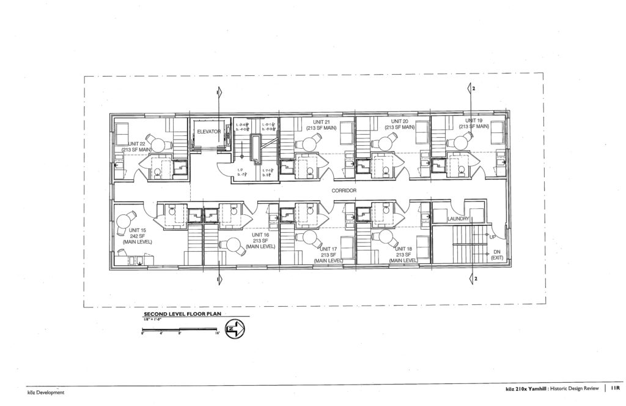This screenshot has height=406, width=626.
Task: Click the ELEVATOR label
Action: [208, 132]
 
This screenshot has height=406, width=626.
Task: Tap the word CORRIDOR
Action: [344, 191]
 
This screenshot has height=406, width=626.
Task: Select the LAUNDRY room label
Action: [458, 219]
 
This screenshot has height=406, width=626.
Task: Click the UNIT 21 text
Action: [314, 121]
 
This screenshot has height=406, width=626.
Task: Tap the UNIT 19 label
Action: [474, 121]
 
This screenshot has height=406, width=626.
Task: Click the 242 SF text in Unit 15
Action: [137, 236]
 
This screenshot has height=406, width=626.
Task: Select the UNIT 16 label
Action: [261, 235]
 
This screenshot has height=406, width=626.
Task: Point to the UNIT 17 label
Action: [326, 249]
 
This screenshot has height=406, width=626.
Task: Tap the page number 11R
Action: [614, 388]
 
